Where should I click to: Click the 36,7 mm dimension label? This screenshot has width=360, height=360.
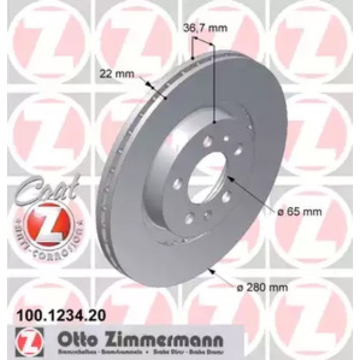(x=205, y=29)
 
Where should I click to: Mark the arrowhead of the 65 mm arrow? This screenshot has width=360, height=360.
(x=228, y=178)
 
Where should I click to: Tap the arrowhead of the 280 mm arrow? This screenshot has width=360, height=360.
(x=210, y=268)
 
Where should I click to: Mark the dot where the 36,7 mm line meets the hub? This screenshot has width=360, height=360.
(x=213, y=121)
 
